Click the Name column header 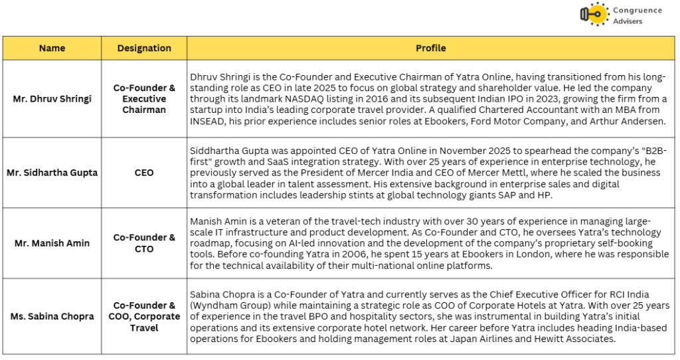point(52,48)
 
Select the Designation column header point(144,48)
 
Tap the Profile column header point(430,48)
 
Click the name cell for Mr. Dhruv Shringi point(52,99)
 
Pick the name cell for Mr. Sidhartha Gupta point(52,173)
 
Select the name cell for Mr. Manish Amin point(52,243)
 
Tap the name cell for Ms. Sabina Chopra point(52,316)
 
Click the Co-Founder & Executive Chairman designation point(144,99)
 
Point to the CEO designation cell point(144,173)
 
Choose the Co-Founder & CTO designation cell point(144,243)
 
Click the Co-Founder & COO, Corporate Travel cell point(144,316)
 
